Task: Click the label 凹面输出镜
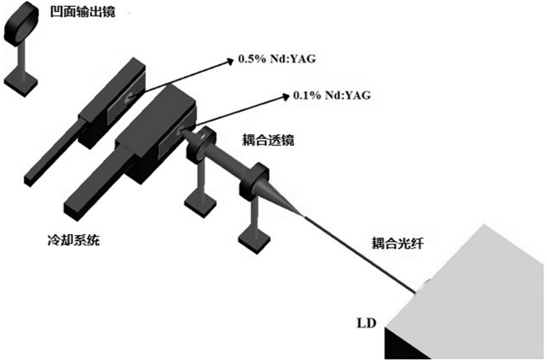(82, 12)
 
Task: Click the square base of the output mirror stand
(20, 83)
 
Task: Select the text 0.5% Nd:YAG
(277, 59)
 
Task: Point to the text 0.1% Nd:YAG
(332, 95)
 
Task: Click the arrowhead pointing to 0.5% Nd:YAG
(230, 62)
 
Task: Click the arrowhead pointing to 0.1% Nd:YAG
(286, 96)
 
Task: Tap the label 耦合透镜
(268, 140)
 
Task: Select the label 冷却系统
(73, 240)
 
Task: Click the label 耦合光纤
(397, 243)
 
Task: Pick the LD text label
(366, 323)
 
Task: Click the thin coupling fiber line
(359, 254)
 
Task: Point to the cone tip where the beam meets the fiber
(303, 216)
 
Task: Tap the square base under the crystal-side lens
(201, 204)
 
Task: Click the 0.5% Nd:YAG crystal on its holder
(129, 98)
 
